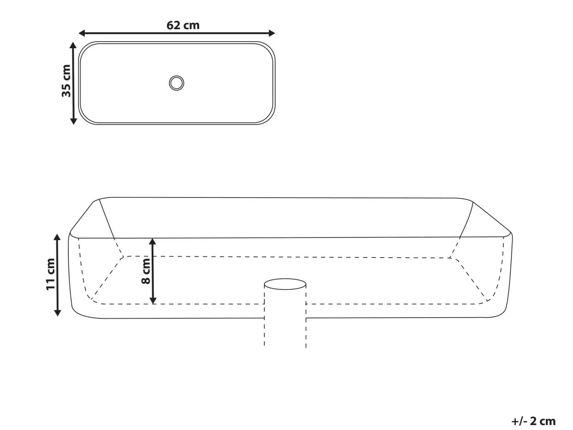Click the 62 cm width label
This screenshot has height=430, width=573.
183,25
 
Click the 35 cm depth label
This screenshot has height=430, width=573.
66,81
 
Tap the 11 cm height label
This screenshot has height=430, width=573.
50,274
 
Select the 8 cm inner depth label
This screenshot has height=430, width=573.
146,271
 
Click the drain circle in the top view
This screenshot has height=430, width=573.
177,83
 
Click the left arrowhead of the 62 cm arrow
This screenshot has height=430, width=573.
82,33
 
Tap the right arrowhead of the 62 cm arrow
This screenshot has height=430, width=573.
272,33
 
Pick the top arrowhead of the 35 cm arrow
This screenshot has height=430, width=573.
73,45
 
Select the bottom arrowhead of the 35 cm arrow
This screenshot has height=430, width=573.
73,121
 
